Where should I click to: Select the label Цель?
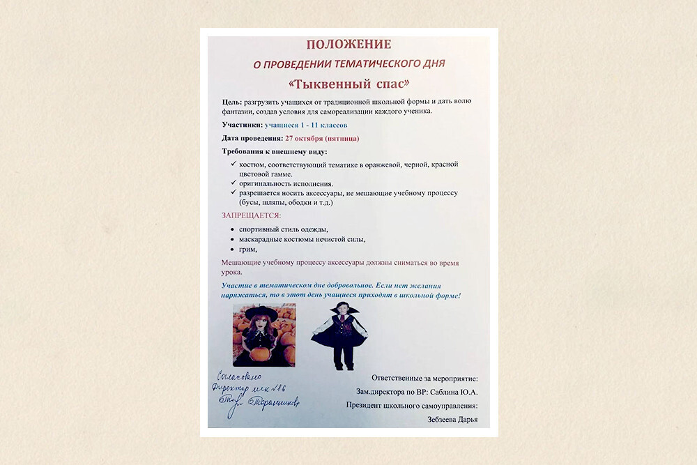point(232,102)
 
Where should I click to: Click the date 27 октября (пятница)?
point(322,138)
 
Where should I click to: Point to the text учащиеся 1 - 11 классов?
point(307,125)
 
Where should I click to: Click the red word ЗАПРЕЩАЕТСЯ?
point(251,215)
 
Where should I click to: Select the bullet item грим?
point(248,249)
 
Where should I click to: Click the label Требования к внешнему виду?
point(274,151)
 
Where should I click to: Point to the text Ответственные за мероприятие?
point(424,378)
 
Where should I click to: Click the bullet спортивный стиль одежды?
point(283,229)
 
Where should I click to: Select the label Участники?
point(242,125)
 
